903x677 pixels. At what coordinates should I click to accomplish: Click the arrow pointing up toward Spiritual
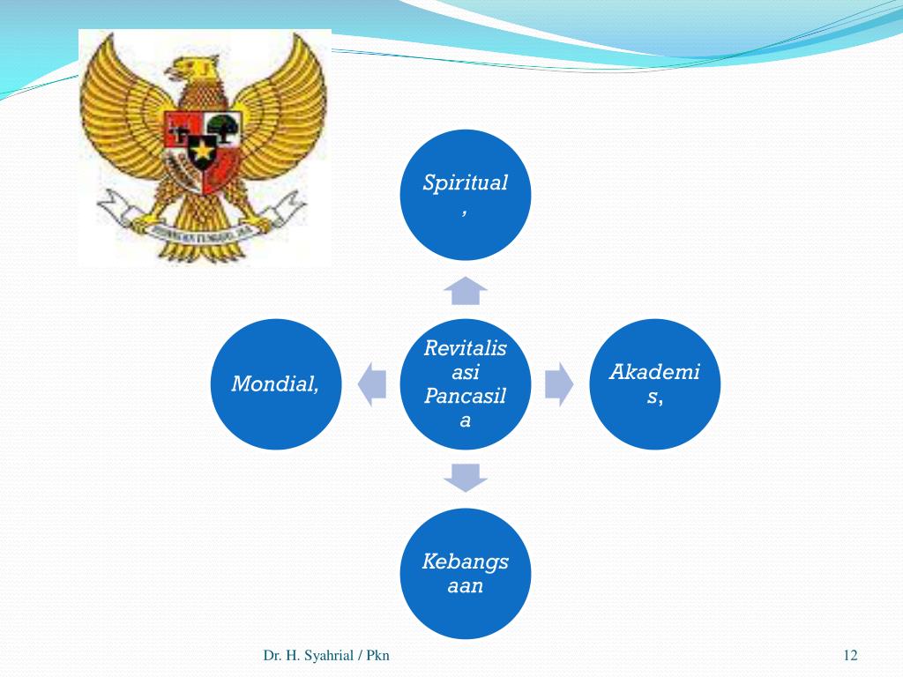[466, 290]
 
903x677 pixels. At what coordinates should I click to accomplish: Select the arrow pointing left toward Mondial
[373, 384]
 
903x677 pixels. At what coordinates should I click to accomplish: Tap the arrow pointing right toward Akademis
[558, 384]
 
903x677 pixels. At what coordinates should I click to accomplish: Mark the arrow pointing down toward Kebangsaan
[466, 477]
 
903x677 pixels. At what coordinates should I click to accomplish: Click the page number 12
[850, 655]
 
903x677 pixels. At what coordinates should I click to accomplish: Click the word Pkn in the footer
[378, 655]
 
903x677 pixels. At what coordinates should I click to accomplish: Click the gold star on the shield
[202, 149]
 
